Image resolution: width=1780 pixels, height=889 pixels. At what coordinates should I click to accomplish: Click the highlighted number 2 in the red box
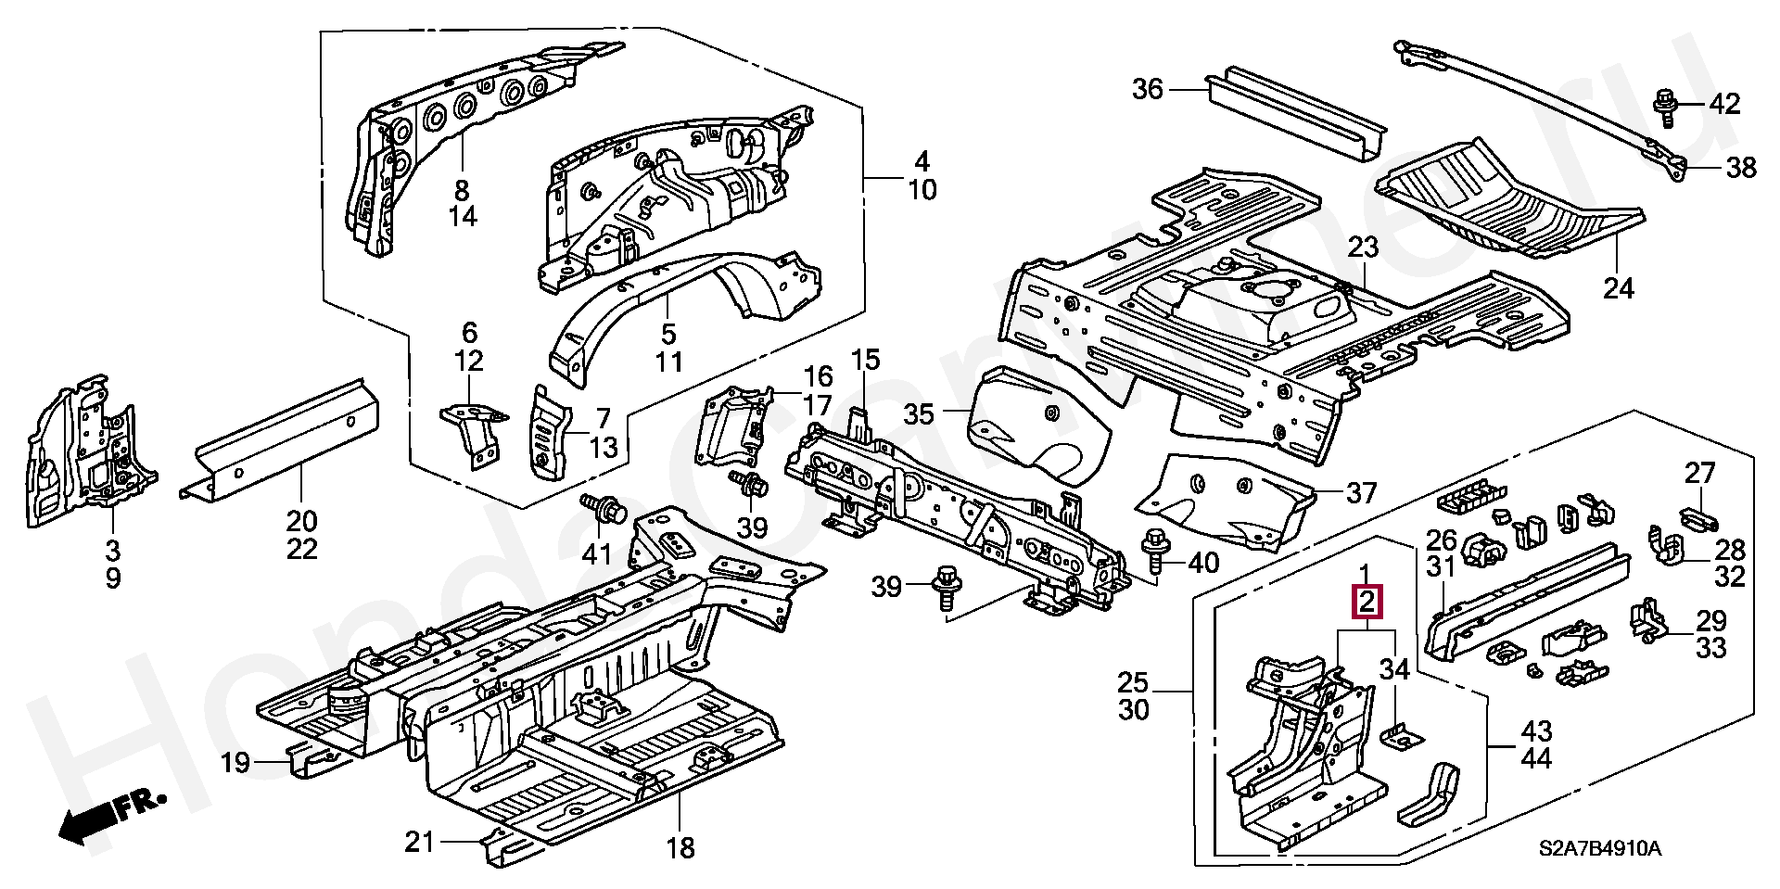coord(1367,603)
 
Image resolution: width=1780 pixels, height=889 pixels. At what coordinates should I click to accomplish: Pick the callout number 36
coord(1147,90)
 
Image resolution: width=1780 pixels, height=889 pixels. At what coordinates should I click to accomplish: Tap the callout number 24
coord(1619,288)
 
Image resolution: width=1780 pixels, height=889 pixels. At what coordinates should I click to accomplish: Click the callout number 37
coord(1360,492)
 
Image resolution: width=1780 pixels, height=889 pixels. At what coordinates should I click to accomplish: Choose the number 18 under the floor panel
coord(680,848)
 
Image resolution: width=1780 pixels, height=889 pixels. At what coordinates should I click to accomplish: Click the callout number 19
coord(235,764)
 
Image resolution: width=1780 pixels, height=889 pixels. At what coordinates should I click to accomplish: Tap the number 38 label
coord(1740,168)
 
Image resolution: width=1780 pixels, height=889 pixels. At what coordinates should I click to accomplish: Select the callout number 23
coord(1363,248)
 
